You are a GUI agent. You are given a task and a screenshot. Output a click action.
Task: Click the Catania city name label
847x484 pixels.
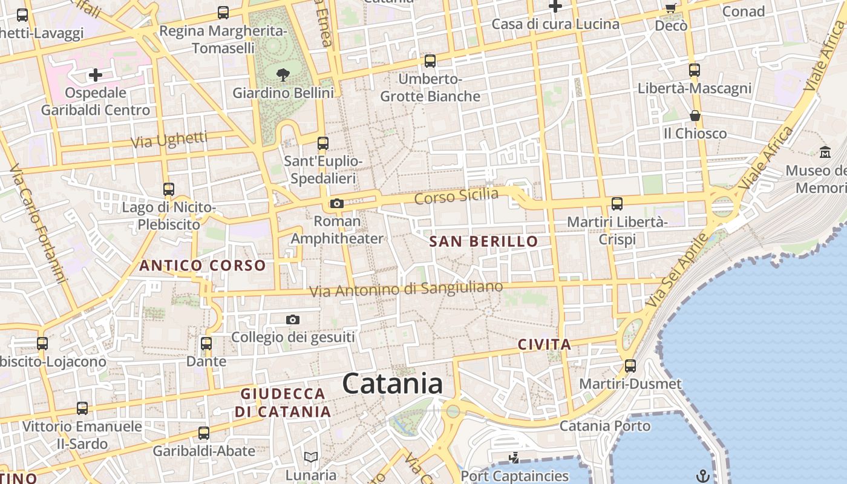[392, 384]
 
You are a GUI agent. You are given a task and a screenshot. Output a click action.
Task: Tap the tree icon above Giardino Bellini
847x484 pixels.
[283, 75]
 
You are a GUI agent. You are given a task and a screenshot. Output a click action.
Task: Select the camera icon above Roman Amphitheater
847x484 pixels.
[337, 204]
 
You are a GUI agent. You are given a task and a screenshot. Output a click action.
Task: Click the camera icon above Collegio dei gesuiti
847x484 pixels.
[293, 319]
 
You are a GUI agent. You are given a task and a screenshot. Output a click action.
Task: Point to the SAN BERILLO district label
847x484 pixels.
[483, 241]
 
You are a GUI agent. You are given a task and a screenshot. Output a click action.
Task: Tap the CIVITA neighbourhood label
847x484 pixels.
[544, 345]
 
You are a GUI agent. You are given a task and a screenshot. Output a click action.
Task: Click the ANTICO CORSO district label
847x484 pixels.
[203, 265]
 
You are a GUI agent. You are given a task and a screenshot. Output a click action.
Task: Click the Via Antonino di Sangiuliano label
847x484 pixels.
[406, 289]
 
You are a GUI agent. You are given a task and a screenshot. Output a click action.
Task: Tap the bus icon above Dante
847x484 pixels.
[206, 344]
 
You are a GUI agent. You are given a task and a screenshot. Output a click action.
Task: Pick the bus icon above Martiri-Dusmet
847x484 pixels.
[630, 366]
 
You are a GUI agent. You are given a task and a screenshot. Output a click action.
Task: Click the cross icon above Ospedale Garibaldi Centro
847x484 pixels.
[96, 75]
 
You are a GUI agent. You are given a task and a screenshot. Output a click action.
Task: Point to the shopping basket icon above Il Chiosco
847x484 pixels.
[695, 116]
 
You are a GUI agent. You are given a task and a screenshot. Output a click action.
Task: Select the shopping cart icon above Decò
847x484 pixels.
[670, 8]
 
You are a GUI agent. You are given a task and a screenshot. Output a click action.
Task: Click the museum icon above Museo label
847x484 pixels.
[825, 152]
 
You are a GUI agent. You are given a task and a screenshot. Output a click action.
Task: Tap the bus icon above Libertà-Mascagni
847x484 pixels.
[695, 70]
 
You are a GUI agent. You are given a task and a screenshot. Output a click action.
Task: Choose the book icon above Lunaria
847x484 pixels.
[311, 457]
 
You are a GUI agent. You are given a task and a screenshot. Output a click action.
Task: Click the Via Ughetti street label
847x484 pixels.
[169, 140]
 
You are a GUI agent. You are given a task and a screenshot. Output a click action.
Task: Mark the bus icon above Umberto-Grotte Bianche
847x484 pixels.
[430, 61]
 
